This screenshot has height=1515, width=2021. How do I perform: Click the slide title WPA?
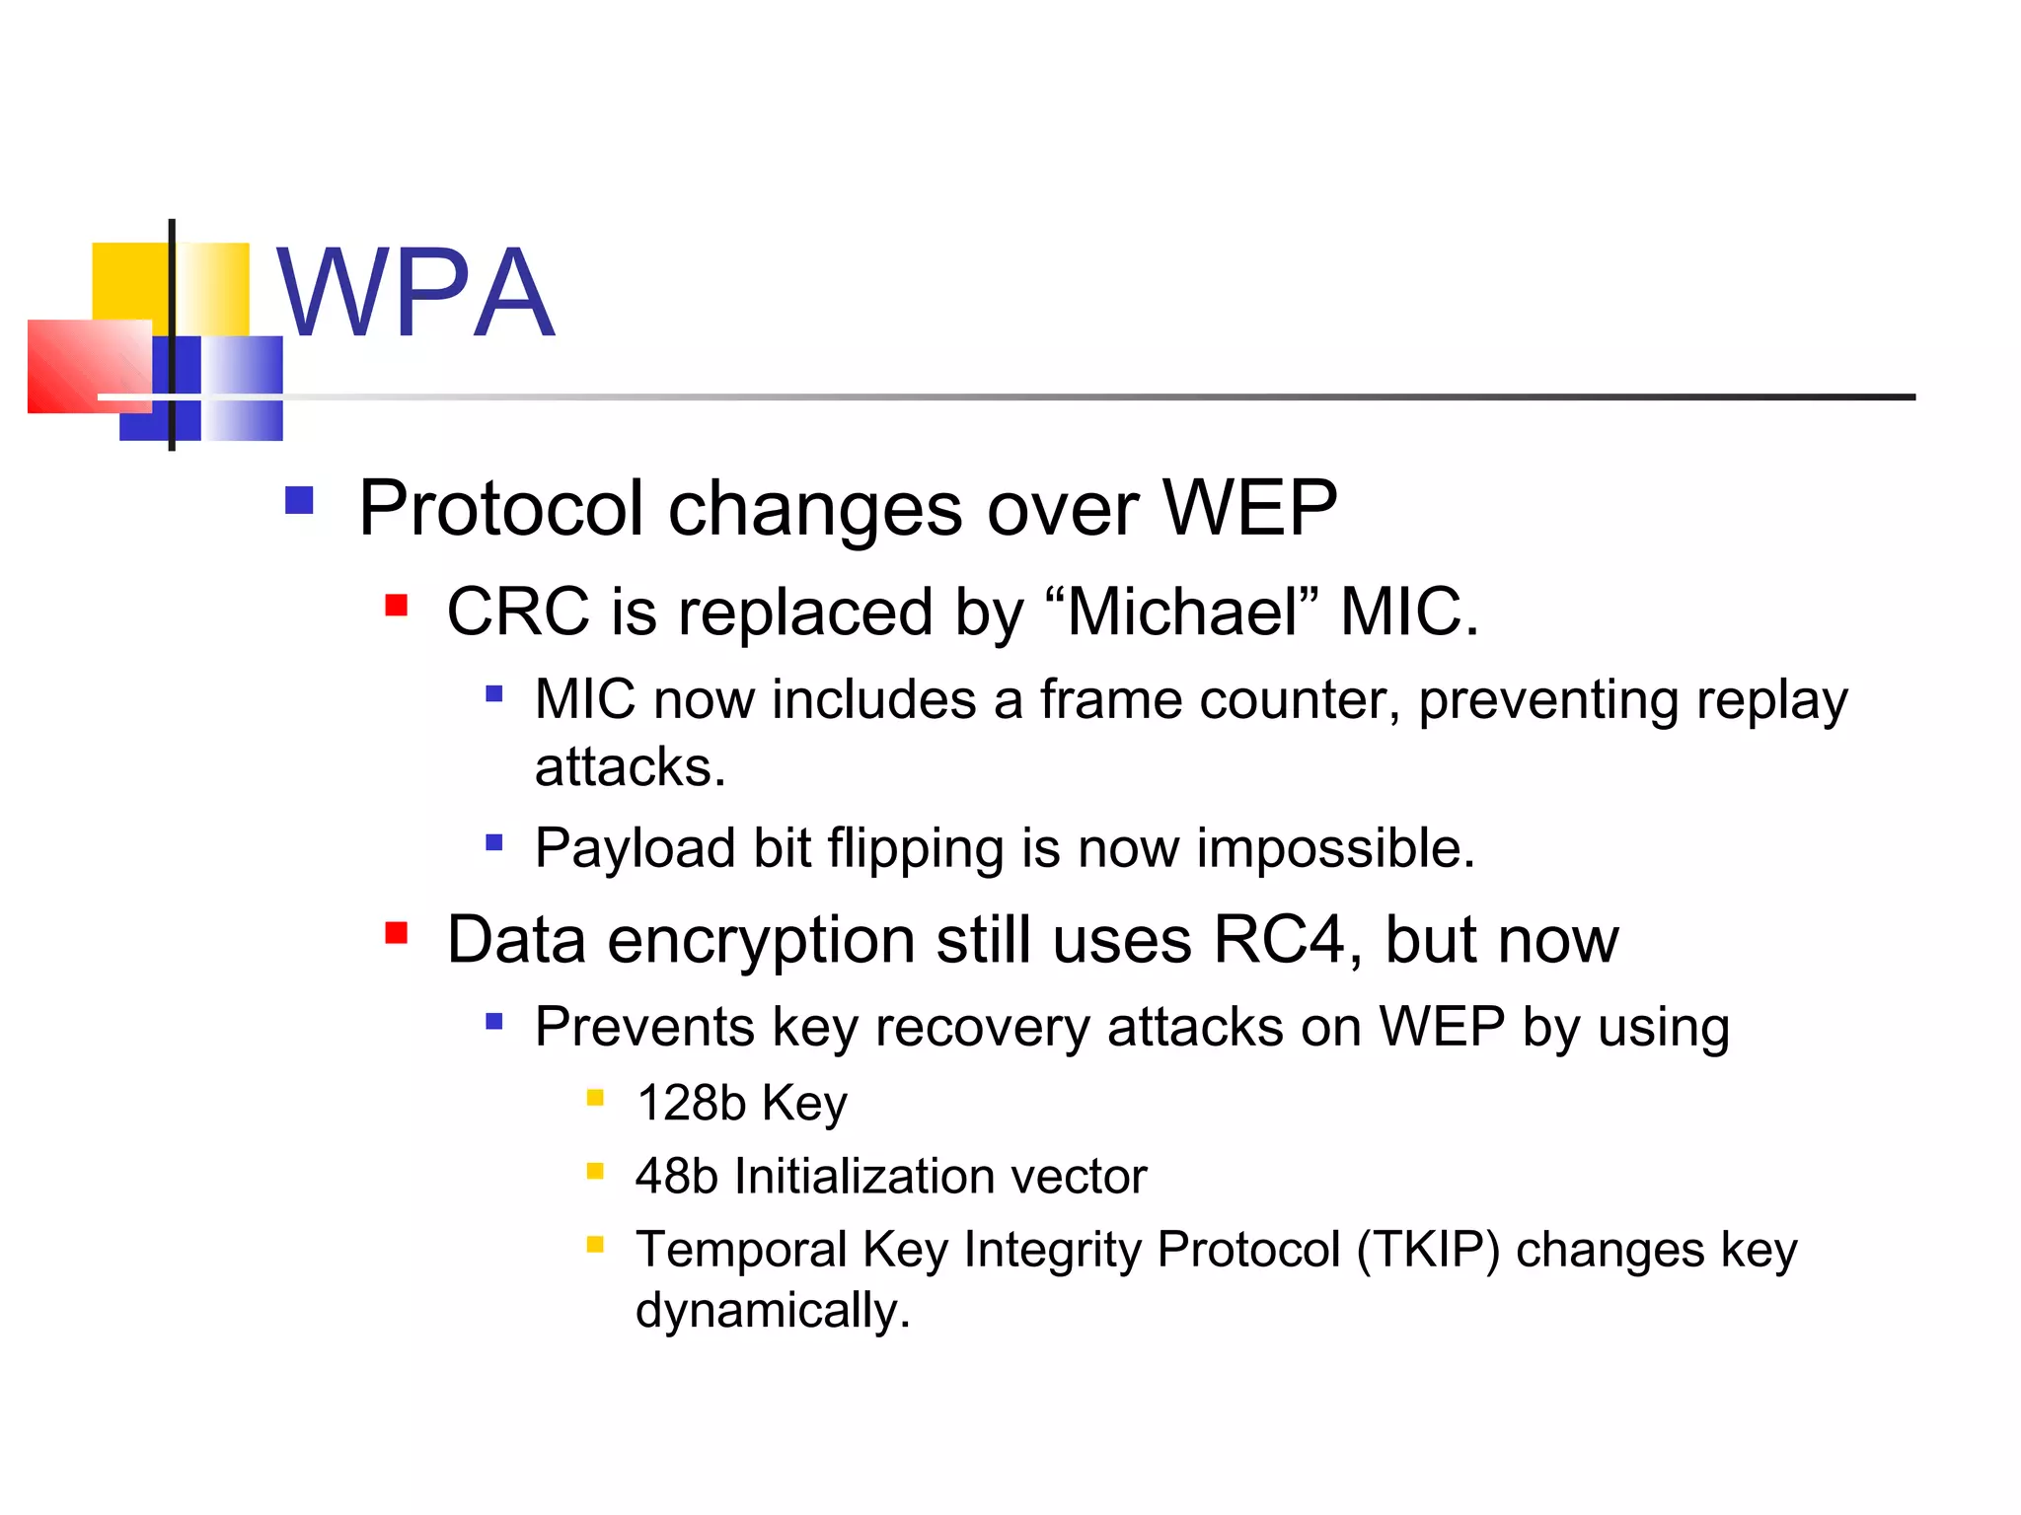coord(414,293)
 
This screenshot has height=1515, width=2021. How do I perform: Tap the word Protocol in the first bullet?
coord(500,509)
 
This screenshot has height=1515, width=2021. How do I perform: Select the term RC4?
coord(1279,939)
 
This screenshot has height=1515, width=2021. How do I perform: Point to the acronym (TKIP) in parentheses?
coord(1428,1250)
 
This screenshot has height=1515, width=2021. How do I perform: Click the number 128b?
coord(691,1103)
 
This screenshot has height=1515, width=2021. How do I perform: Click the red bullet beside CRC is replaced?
coord(397,605)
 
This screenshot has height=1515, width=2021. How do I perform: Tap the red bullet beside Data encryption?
coord(397,932)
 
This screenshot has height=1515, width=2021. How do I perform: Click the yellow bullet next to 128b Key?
coord(595,1098)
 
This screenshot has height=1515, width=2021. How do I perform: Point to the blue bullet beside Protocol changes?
coord(299,500)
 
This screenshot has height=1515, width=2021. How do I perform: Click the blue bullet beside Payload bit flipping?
coord(494,842)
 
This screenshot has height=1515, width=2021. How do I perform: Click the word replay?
coord(1771,700)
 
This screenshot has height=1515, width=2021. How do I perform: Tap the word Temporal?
coord(741,1250)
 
